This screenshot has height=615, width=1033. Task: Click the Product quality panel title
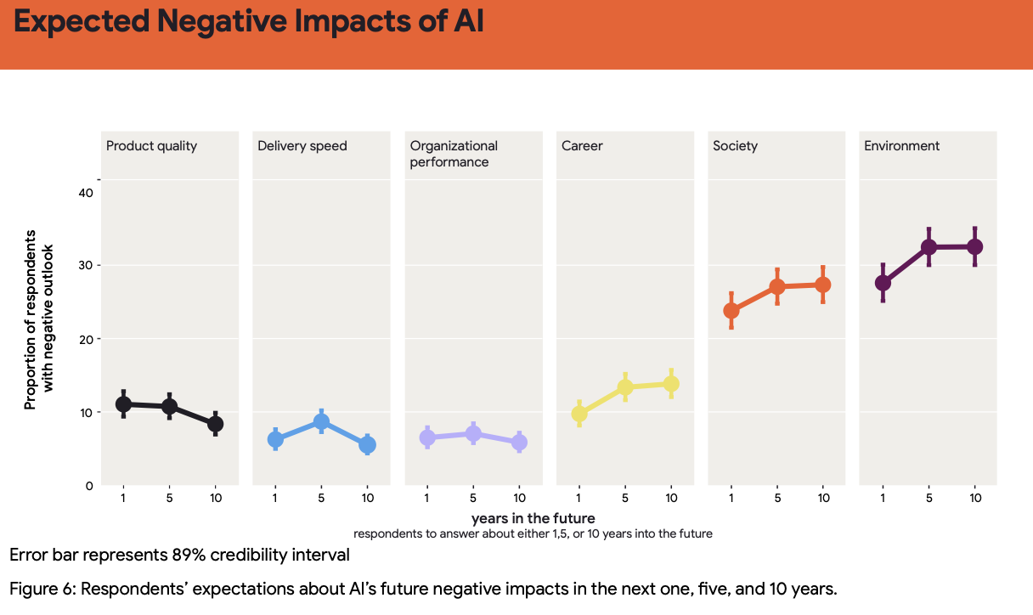151,146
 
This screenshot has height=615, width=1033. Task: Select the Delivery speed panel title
302,146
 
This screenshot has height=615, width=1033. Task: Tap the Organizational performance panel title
454,154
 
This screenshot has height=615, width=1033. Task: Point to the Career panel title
582,146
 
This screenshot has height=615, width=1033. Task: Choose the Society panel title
735,146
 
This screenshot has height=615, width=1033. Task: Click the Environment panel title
901,146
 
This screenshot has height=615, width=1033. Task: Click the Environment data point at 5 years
929,247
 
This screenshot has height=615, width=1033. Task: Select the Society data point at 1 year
731,311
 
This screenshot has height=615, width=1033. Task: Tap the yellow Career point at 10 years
671,384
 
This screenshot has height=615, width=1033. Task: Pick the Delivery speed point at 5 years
321,421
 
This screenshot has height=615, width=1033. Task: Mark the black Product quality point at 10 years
215,424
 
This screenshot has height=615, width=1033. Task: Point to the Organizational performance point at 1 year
427,437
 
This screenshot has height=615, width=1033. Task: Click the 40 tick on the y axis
85,193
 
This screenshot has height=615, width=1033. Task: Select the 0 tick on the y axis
89,486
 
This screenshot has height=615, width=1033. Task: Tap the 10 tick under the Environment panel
974,499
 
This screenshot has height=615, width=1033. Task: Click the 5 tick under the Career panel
625,499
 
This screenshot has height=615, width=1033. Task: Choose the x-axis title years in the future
533,517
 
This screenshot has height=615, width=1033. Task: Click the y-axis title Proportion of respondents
31,319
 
